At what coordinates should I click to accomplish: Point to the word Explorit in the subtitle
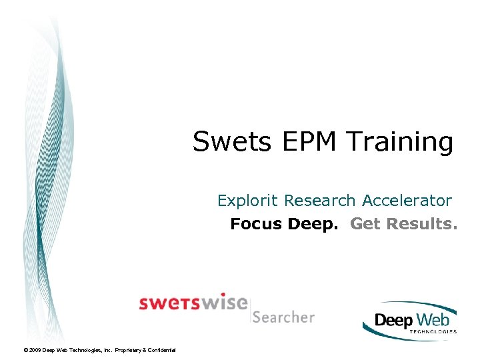pos(247,201)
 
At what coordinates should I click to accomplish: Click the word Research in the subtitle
pos(320,200)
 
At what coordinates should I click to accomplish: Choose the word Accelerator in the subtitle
pos(407,200)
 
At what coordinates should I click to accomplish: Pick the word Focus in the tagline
pos(257,224)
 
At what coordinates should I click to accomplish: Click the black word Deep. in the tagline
pos(313,225)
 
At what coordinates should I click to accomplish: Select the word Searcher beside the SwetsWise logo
pos(283,317)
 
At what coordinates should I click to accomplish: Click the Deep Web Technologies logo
pos(409,321)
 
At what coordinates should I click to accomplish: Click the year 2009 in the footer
pos(35,350)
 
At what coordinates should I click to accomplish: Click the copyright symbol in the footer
pos(25,350)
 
